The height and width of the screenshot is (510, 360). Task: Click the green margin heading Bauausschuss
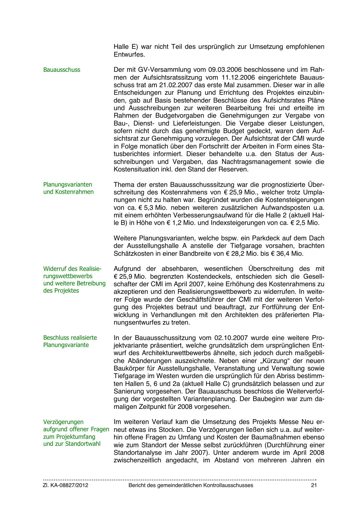point(62,70)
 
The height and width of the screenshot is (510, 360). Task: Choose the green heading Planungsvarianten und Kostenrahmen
point(69,188)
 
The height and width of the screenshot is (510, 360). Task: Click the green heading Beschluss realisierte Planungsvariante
point(70,341)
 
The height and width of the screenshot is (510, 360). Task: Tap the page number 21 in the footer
point(314,485)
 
